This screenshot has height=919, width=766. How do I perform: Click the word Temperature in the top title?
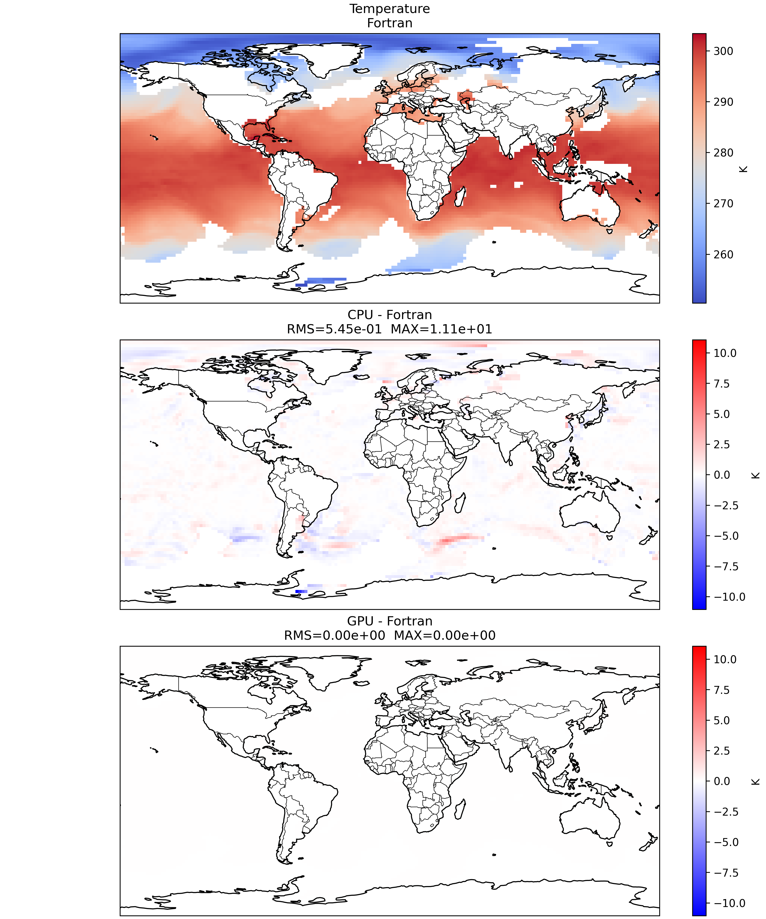tap(390, 9)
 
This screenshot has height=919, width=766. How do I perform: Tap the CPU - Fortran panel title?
tap(390, 315)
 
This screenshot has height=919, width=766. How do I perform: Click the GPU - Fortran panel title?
tap(390, 621)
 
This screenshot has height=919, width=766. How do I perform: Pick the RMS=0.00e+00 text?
tap(334, 635)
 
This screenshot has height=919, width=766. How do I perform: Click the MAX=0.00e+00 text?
tap(445, 635)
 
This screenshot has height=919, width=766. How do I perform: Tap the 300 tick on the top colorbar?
tap(723, 51)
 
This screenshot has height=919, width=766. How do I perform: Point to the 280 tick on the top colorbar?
tap(723, 153)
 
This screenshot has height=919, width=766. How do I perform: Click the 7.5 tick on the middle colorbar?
tap(722, 384)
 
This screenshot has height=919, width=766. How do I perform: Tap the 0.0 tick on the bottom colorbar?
tap(722, 781)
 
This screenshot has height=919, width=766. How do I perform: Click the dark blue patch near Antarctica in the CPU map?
tap(301, 591)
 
